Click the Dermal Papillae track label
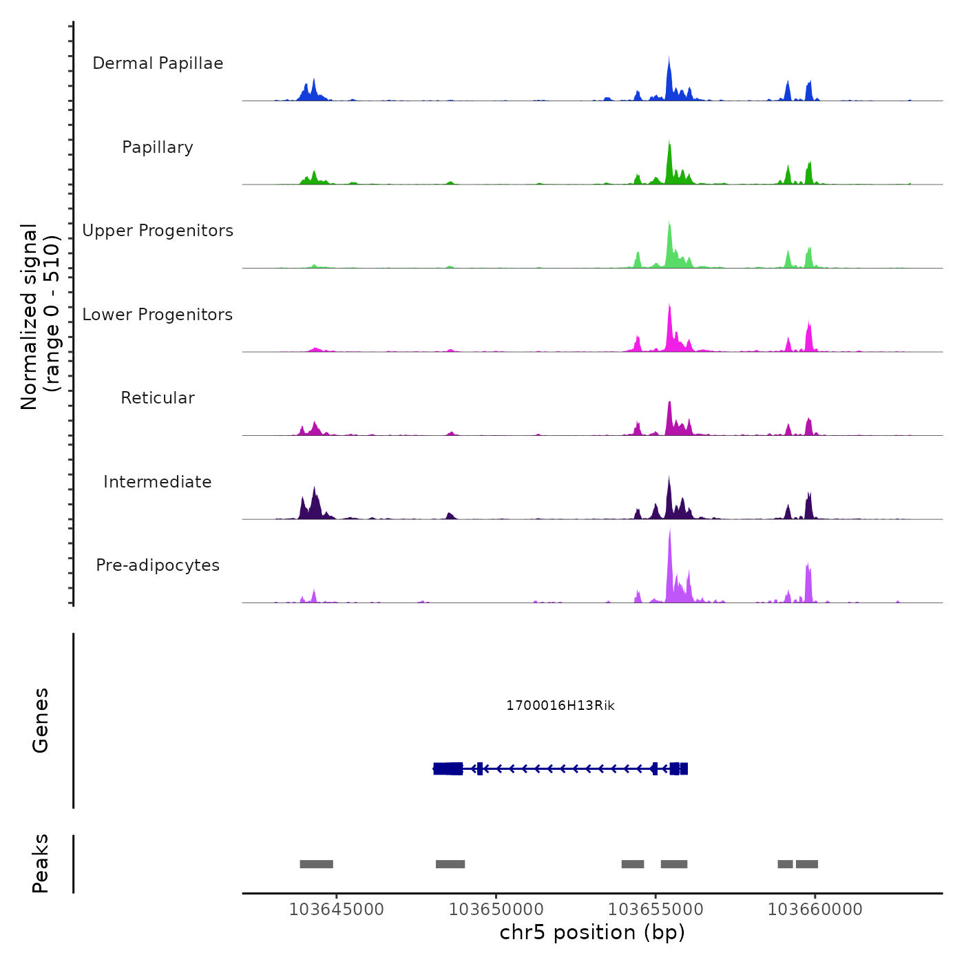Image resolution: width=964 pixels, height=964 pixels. [158, 63]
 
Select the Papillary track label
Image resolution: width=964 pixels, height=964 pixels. [158, 147]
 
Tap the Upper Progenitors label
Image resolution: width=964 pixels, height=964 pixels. [158, 231]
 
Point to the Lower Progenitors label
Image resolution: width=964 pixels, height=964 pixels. [158, 315]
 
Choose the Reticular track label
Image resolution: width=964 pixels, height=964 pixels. [158, 398]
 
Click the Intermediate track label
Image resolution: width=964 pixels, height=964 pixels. [158, 482]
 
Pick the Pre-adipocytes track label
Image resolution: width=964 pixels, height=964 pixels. [158, 565]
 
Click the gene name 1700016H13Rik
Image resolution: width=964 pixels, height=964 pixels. [560, 705]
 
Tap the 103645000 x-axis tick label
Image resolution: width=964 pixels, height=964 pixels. [336, 910]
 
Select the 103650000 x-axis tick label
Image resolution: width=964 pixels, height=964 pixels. [496, 910]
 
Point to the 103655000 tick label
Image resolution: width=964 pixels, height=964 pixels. [656, 910]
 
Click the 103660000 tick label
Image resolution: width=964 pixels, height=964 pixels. [815, 910]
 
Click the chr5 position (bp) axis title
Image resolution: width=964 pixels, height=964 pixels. [592, 932]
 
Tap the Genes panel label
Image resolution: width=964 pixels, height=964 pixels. [41, 720]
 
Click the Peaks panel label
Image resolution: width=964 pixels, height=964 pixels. [41, 863]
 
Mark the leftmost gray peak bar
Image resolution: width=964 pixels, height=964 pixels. [316, 864]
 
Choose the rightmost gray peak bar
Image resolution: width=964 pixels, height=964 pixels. [807, 864]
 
